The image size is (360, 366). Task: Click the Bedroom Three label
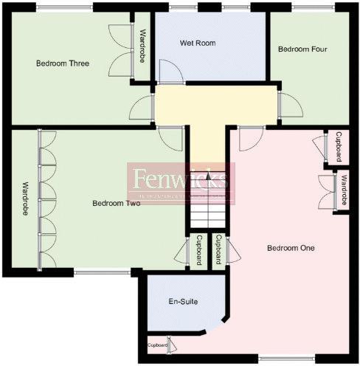tap(63, 63)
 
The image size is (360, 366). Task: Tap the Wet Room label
tap(198, 43)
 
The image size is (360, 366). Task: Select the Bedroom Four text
tap(302, 49)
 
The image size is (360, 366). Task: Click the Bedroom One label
tap(291, 248)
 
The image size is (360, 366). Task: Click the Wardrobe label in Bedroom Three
tap(142, 46)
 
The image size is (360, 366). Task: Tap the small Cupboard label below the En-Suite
tap(157, 345)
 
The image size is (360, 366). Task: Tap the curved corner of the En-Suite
tap(221, 325)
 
